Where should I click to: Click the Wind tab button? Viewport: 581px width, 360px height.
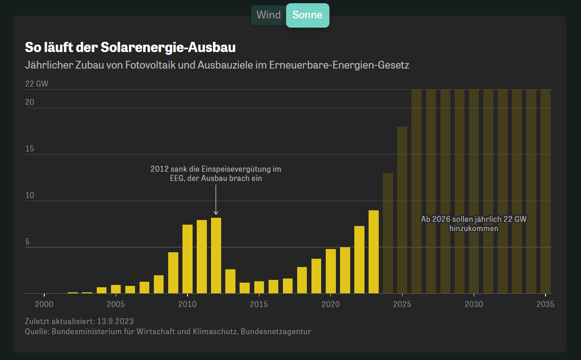point(268,15)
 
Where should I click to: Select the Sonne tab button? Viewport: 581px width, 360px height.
point(307,15)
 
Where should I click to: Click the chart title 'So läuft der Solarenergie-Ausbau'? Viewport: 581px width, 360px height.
point(130,47)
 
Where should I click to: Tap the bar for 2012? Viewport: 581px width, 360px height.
point(216,255)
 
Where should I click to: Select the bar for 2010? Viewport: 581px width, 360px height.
point(188,259)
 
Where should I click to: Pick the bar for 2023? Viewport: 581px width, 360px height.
point(374,252)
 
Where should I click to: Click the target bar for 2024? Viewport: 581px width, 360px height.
point(388,233)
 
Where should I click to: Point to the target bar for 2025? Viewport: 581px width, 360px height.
point(402,210)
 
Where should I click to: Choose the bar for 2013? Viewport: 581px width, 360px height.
point(230,281)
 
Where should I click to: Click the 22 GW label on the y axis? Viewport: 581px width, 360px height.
point(36,84)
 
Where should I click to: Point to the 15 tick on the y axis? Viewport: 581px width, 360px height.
point(29,149)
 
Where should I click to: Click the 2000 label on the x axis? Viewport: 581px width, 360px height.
point(44,304)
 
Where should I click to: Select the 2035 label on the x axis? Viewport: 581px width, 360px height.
point(545,304)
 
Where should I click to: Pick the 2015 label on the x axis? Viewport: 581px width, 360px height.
point(259,304)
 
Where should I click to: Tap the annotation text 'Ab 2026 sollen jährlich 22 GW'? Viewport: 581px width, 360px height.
point(474,219)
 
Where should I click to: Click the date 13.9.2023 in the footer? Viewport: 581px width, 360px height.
point(115,321)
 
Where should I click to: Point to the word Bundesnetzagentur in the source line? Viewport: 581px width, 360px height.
point(276,331)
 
